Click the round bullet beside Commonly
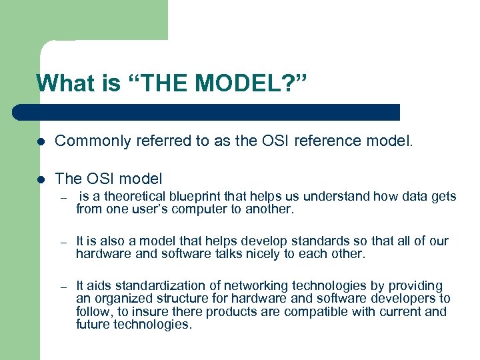tap(41, 141)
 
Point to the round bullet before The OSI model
tap(41, 179)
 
